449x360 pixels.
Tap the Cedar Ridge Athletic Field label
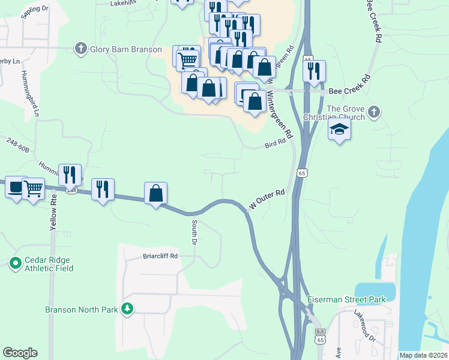click(x=49, y=264)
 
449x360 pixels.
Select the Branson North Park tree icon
click(x=127, y=309)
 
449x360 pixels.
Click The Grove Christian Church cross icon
click(x=373, y=111)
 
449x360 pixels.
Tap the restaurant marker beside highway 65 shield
click(x=314, y=71)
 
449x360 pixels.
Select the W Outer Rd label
click(x=267, y=200)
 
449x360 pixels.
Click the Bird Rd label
click(x=274, y=145)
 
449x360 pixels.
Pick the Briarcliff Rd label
click(x=160, y=256)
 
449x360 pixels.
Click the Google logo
click(x=20, y=353)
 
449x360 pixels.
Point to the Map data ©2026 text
click(x=423, y=355)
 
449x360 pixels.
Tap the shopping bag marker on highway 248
click(x=155, y=193)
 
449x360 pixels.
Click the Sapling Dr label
click(x=35, y=11)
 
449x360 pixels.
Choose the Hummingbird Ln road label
click(x=33, y=93)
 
